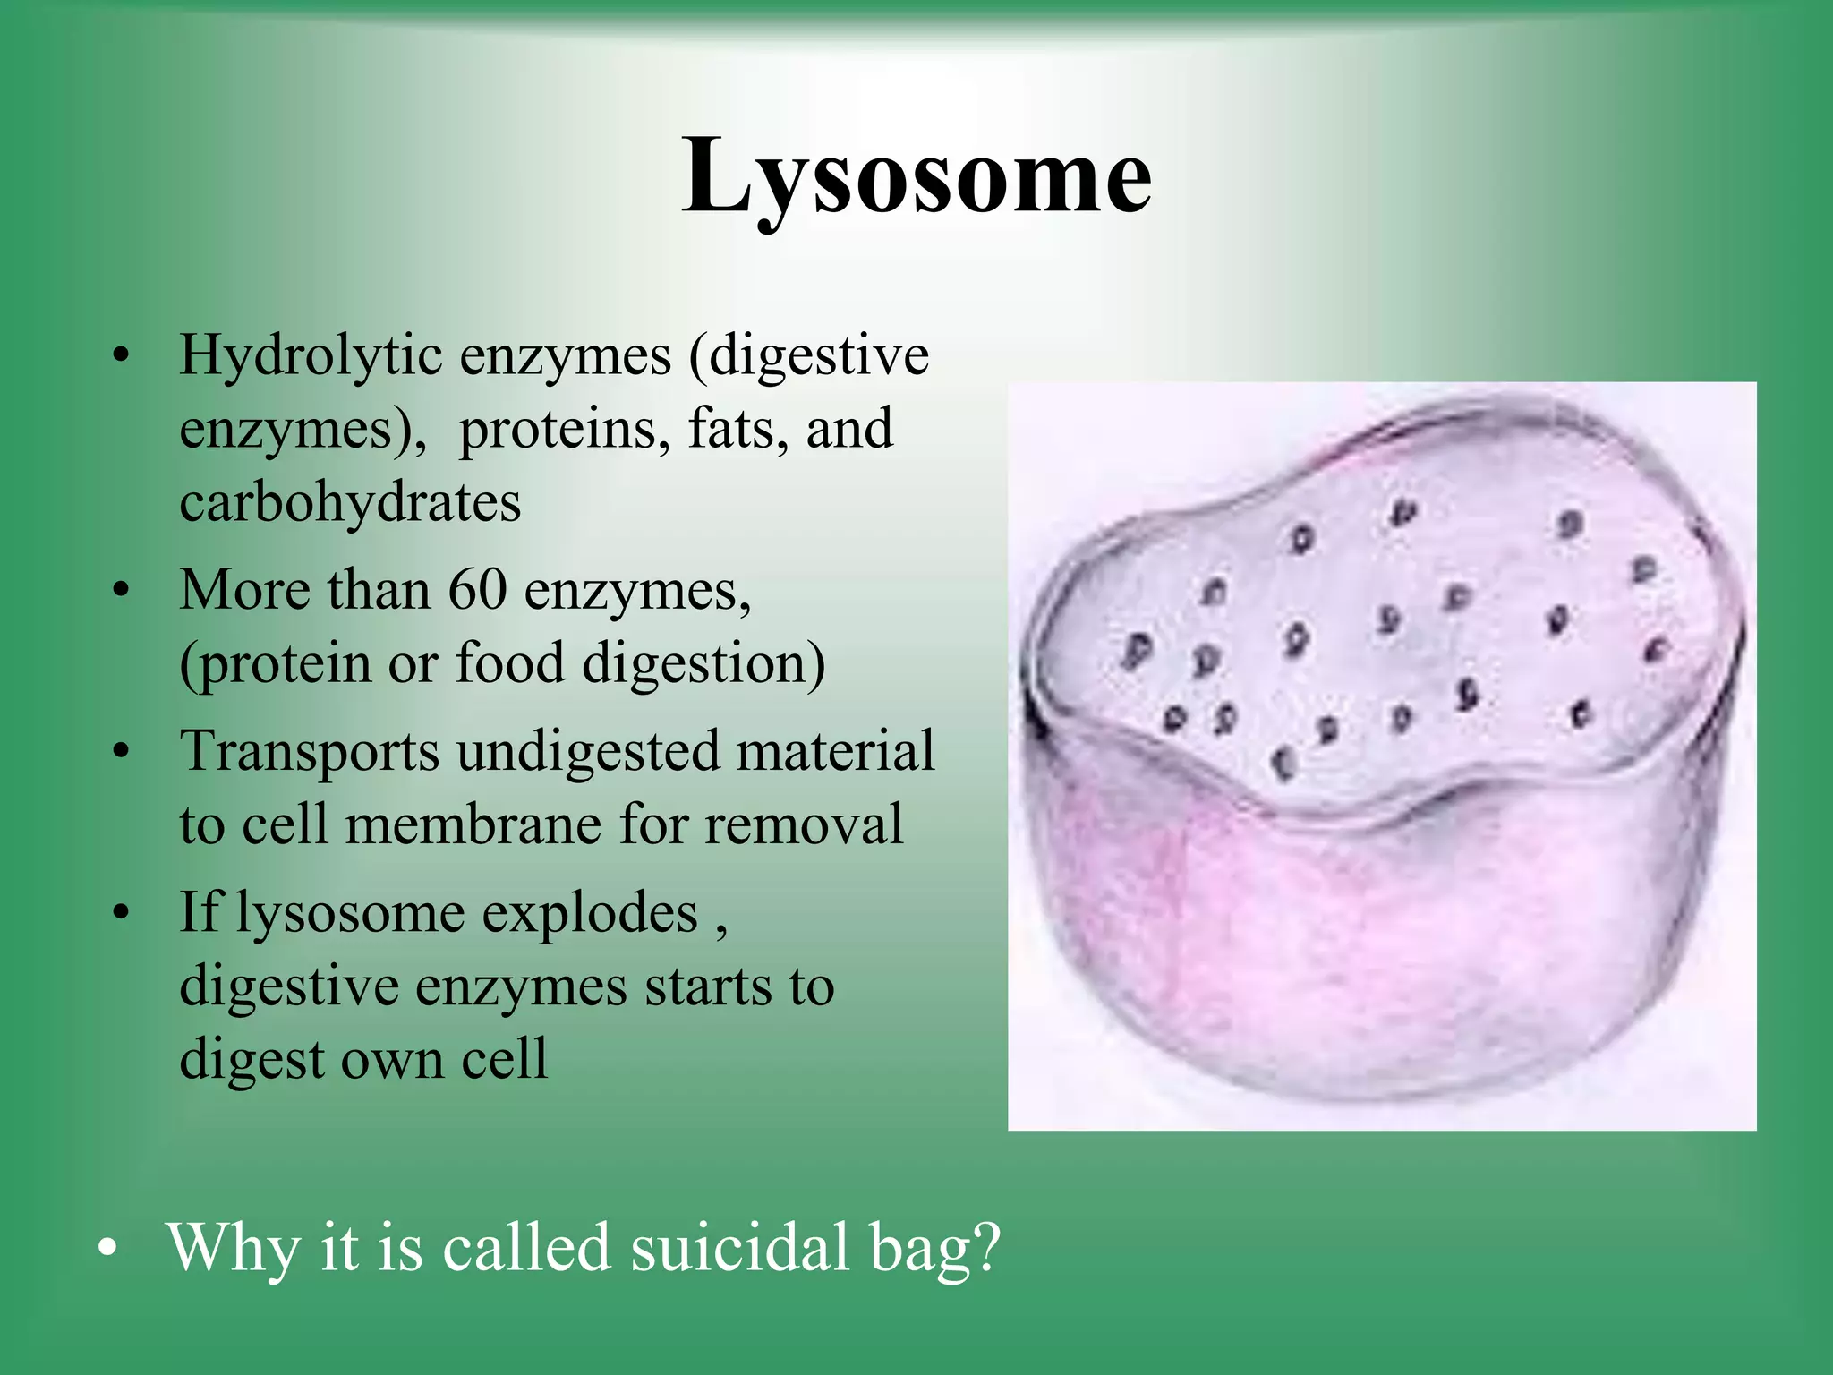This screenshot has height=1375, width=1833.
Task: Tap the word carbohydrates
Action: [350, 502]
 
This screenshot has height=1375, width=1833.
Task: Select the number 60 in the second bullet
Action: [477, 591]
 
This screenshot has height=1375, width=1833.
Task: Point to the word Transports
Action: [310, 752]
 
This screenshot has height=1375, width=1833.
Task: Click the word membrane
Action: [473, 824]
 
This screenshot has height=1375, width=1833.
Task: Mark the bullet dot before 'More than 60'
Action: [122, 592]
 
